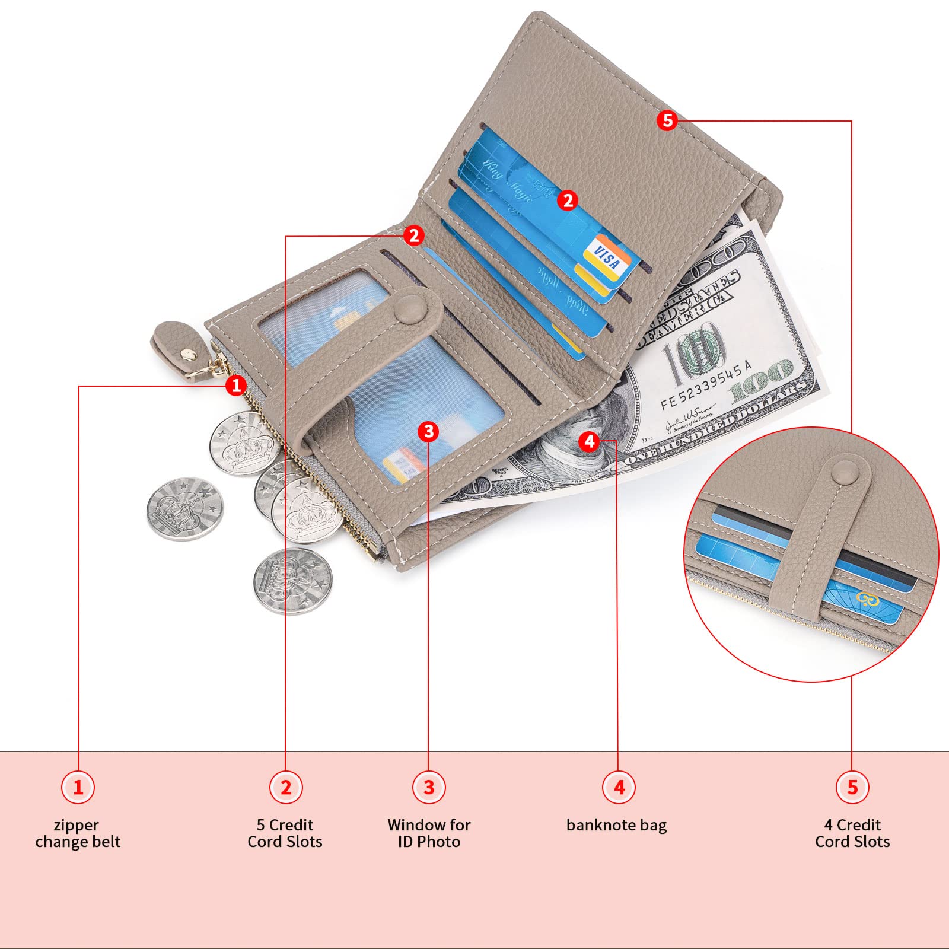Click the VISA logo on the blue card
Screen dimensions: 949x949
tap(606, 259)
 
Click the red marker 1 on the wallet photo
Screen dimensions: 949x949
tap(236, 386)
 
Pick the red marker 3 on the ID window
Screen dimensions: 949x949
tap(429, 431)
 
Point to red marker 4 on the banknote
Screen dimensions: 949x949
tap(589, 441)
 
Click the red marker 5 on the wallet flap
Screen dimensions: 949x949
tap(667, 120)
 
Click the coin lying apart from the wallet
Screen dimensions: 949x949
tap(185, 509)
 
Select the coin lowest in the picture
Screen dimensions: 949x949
tap(292, 581)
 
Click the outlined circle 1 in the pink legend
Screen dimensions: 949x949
tap(78, 787)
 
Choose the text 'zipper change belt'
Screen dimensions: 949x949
tap(78, 833)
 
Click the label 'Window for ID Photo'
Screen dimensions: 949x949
tap(429, 833)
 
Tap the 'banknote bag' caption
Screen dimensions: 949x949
tap(616, 825)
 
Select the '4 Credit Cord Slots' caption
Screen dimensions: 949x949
tap(852, 833)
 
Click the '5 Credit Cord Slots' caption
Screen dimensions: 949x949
tap(285, 833)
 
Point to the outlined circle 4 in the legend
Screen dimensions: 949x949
tap(619, 787)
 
